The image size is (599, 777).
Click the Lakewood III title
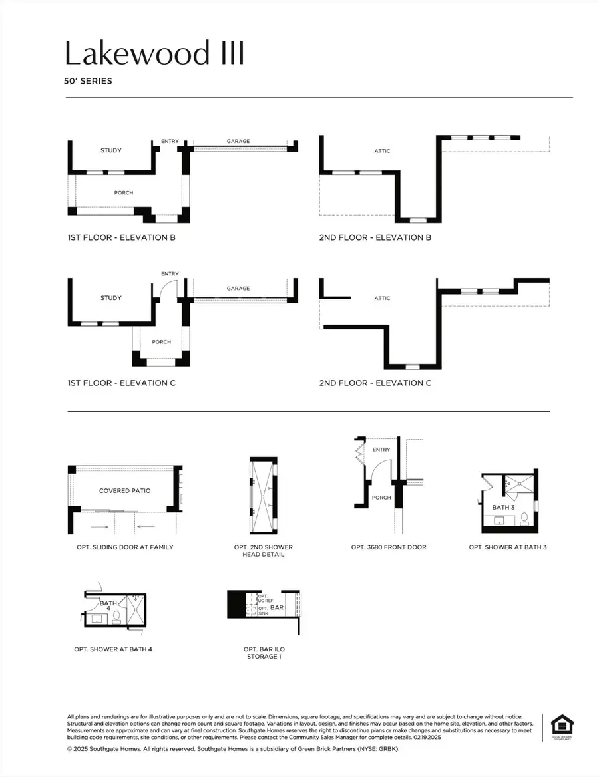154,53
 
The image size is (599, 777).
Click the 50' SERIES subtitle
89,82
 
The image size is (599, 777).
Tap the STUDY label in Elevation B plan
111,150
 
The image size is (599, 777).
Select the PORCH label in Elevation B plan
124,193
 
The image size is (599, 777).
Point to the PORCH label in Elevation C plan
161,342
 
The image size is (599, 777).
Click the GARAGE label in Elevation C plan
238,289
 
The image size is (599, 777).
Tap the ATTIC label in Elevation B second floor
382,151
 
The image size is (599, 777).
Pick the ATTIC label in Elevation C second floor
382,299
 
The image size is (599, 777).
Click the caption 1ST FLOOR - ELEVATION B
121,237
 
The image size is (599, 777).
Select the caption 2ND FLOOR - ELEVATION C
375,383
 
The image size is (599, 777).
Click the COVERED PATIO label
125,491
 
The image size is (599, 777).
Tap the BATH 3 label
503,508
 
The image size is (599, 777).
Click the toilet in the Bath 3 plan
524,517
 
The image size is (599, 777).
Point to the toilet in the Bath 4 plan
116,616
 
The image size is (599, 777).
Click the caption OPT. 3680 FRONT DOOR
389,547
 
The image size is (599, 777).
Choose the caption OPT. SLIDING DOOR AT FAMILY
125,547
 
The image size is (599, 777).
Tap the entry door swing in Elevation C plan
168,289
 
